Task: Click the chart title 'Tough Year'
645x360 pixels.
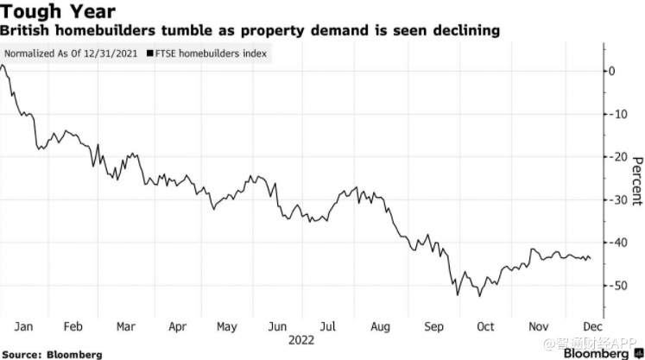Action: tap(59, 12)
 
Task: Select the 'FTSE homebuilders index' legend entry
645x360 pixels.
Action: tap(212, 54)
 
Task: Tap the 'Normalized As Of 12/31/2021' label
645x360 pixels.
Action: tap(71, 54)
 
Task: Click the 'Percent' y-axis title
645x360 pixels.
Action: tap(637, 181)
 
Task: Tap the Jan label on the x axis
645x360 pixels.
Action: tap(24, 327)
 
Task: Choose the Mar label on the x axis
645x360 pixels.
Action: tap(126, 327)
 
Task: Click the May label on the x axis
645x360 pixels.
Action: tap(227, 327)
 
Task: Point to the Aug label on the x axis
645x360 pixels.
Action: tap(380, 327)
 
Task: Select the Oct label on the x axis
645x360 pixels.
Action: tap(485, 327)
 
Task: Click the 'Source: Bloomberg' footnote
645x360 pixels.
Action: tap(53, 354)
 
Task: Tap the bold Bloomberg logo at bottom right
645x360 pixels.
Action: tap(597, 352)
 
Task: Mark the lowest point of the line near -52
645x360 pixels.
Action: tap(456, 295)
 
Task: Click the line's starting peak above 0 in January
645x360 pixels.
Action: tap(4, 66)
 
